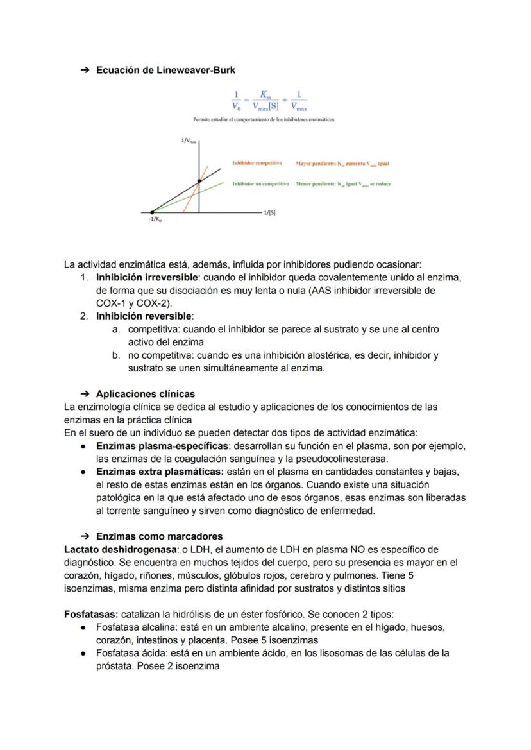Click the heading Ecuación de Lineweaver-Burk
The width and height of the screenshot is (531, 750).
(165, 70)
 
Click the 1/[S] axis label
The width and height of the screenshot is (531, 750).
(270, 212)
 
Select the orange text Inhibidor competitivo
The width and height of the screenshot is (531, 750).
(257, 164)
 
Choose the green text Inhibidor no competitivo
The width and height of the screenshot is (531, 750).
(260, 184)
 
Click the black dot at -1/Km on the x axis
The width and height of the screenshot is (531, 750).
(152, 212)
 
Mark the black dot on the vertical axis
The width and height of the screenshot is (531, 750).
(199, 182)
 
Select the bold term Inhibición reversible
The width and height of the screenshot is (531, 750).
(144, 316)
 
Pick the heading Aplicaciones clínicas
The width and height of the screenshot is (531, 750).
(146, 394)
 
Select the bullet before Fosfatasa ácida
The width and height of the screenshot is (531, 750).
(83, 653)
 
